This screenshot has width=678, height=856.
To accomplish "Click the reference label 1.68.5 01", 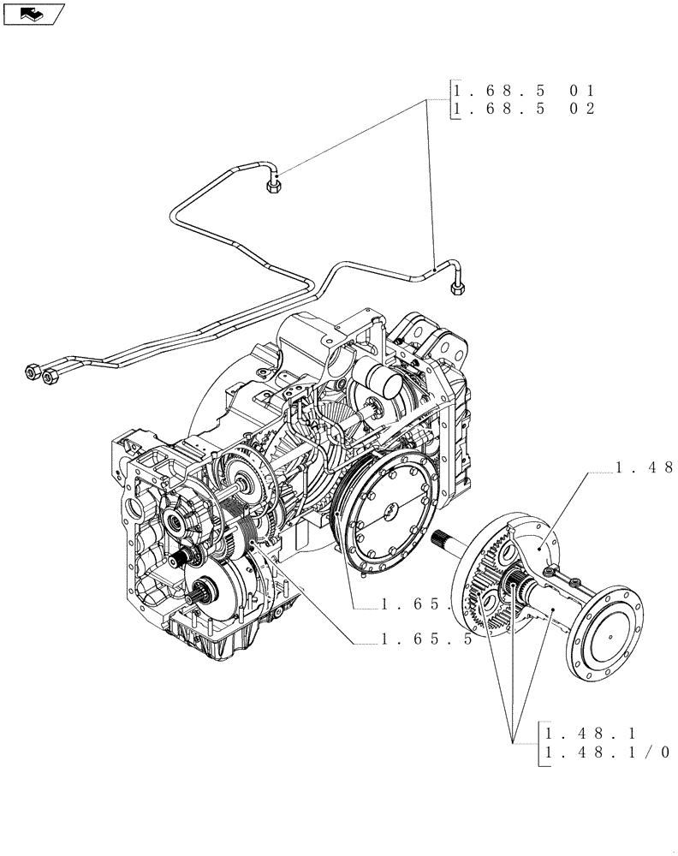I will tap(523, 91).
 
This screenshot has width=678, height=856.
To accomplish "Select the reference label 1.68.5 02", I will tap(523, 109).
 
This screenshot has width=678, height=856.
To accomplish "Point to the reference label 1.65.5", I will tap(426, 639).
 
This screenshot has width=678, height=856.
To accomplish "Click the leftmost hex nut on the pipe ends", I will tap(32, 372).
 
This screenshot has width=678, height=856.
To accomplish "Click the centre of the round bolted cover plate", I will tap(390, 511).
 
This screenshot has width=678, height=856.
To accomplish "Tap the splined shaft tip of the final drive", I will tap(446, 542).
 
